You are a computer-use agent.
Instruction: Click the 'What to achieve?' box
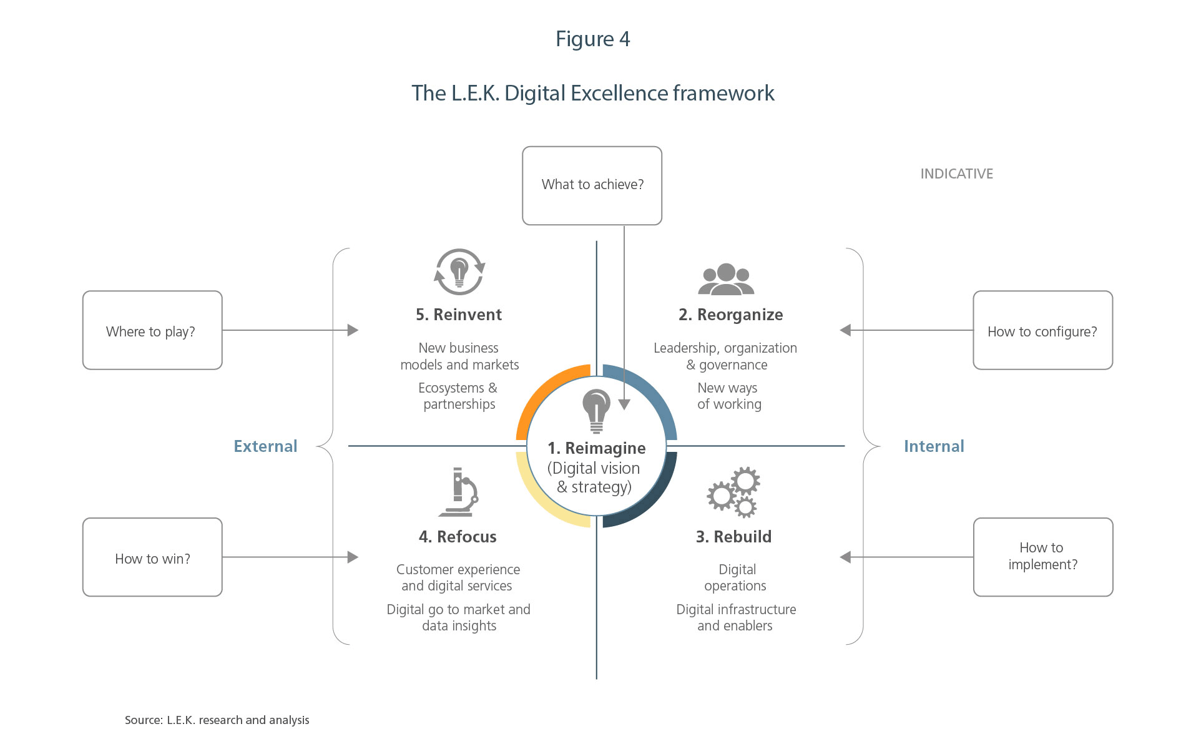point(592,185)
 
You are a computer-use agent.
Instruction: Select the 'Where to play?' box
point(152,330)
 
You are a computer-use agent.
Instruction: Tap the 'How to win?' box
point(152,557)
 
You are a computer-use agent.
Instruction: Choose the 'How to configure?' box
point(1042,330)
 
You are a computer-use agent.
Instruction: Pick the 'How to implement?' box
point(1042,557)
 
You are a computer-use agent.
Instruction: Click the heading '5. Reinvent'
point(459,315)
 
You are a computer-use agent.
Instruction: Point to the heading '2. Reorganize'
point(730,315)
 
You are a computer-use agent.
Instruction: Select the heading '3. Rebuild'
point(733,537)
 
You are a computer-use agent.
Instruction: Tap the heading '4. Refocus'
point(458,537)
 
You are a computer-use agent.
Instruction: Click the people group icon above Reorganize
point(726,279)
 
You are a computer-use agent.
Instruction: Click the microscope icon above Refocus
point(459,492)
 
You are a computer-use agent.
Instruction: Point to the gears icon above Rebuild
point(733,492)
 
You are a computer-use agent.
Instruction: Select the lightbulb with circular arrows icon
point(459,272)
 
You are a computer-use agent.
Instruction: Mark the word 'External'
point(265,446)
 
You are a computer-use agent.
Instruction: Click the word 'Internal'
point(934,446)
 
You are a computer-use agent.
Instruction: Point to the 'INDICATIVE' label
point(956,174)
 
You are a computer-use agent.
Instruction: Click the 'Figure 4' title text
point(592,39)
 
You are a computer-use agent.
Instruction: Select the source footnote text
point(217,720)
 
